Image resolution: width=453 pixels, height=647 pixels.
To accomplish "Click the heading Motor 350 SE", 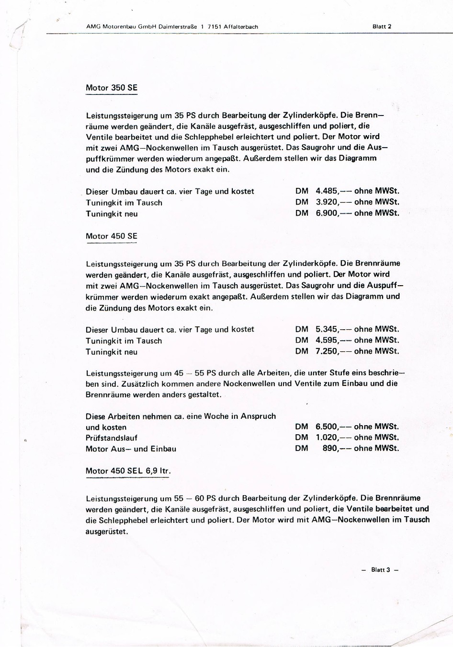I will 111,88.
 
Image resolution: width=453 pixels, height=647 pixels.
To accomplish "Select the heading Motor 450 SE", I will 111,236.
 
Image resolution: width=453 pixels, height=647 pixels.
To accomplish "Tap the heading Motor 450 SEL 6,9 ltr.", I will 128,471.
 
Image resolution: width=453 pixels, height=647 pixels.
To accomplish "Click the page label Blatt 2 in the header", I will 382,26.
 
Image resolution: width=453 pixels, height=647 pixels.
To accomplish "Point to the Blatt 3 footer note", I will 380,570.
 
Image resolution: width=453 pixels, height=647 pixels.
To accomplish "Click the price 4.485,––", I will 334,191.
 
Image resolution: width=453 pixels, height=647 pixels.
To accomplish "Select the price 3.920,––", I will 334,202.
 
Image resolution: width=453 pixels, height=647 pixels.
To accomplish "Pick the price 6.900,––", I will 334,213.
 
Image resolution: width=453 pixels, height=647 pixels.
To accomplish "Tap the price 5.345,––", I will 334,329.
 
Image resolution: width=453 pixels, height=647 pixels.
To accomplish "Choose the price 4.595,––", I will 334,340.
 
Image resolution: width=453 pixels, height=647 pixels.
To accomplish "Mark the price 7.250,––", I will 334,351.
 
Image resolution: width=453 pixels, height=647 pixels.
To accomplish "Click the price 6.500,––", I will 334,427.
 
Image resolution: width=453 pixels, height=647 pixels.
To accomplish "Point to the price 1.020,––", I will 334,438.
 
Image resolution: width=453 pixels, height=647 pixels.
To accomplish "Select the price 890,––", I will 337,449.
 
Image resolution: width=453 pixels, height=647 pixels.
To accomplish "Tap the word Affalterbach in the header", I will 241,27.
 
